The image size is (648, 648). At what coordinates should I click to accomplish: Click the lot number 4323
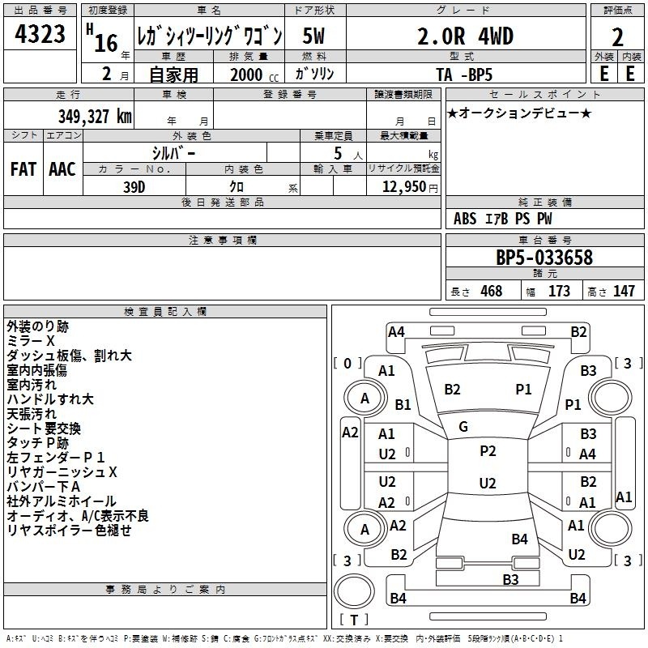[x=40, y=34]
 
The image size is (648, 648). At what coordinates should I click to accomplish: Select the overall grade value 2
[x=617, y=37]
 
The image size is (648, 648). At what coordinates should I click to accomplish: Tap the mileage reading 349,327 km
[x=95, y=116]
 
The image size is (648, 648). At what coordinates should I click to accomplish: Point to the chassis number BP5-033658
[x=544, y=257]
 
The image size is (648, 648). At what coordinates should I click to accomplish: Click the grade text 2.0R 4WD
[x=465, y=36]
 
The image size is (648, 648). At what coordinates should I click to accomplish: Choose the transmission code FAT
[x=23, y=169]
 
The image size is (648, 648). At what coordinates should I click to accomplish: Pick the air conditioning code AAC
[x=62, y=169]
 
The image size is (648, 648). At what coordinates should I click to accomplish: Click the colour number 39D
[x=134, y=187]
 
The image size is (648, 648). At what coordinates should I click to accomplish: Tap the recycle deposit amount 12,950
[x=403, y=187]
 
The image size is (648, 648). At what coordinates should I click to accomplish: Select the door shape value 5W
[x=313, y=36]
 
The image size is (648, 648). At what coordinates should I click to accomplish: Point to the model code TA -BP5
[x=464, y=75]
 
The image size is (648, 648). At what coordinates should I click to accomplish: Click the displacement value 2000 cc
[x=254, y=75]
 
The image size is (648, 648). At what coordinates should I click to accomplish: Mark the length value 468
[x=492, y=291]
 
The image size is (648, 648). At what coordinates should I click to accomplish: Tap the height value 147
[x=624, y=291]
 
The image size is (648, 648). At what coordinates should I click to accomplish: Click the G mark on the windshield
[x=463, y=427]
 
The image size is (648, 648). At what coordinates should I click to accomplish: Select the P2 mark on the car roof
[x=488, y=451]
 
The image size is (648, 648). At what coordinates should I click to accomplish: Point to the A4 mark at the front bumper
[x=396, y=332]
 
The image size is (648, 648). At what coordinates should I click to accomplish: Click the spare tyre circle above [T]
[x=354, y=591]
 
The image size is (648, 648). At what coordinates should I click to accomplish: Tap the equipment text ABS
[x=465, y=219]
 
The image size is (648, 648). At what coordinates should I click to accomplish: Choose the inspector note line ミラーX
[x=31, y=341]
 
